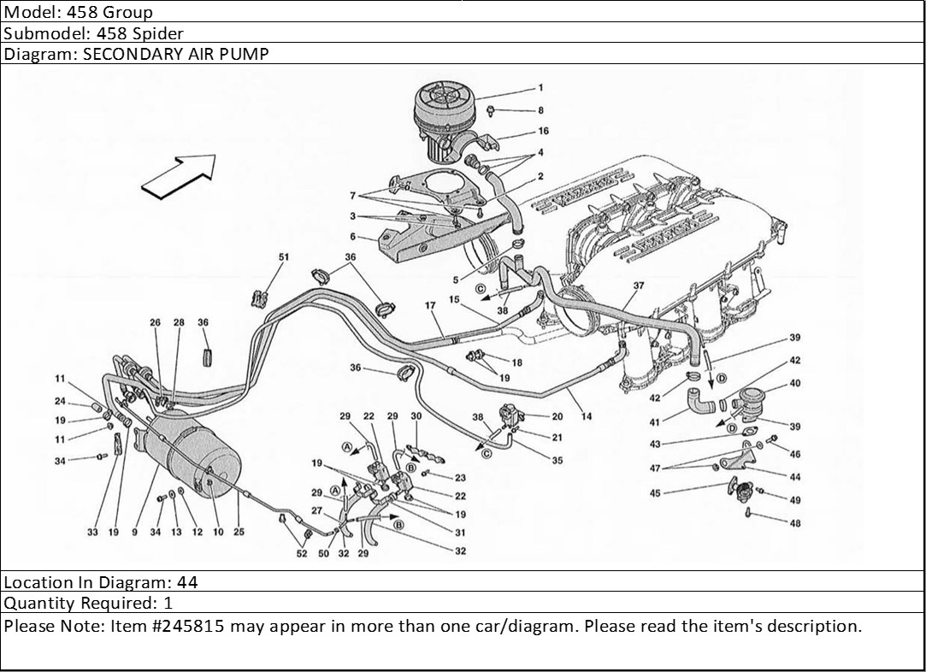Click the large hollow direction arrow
[x=177, y=177]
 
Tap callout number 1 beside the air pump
[x=540, y=88]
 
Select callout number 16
[x=543, y=132]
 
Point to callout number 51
[x=284, y=256]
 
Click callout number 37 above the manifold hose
[x=638, y=286]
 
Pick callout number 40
[x=794, y=384]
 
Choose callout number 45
[x=655, y=492]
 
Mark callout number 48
[x=794, y=524]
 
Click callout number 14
[x=587, y=416]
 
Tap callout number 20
[x=557, y=417]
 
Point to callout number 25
[x=239, y=532]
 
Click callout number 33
[x=92, y=532]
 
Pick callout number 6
[x=352, y=237]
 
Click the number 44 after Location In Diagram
[x=187, y=582]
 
